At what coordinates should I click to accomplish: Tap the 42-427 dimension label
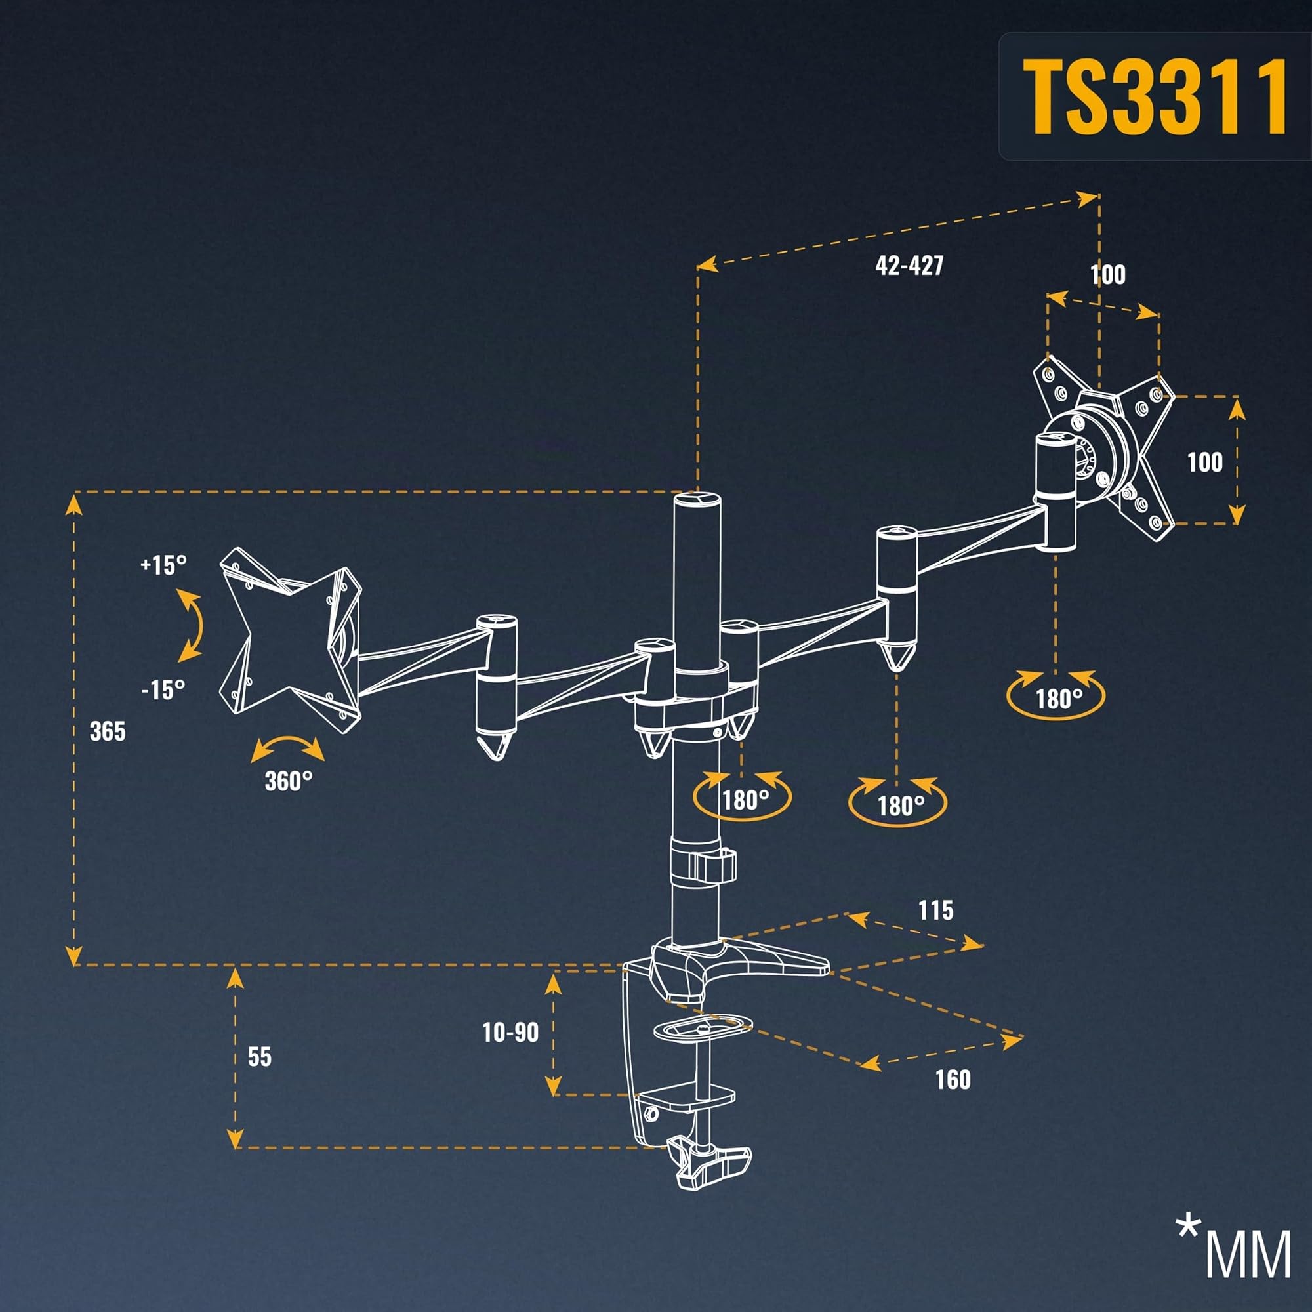pyautogui.click(x=909, y=265)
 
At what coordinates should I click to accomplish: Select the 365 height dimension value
pyautogui.click(x=108, y=731)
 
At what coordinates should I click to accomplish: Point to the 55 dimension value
pyautogui.click(x=259, y=1057)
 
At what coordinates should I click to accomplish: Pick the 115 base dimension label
pyautogui.click(x=936, y=911)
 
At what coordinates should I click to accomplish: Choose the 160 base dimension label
pyautogui.click(x=953, y=1080)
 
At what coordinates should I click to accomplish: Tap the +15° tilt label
pyautogui.click(x=163, y=565)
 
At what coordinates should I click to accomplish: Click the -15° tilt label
pyautogui.click(x=163, y=690)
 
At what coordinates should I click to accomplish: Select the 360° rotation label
pyautogui.click(x=289, y=781)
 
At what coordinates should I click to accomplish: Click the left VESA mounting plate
pyautogui.click(x=291, y=640)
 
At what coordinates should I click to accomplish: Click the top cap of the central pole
pyautogui.click(x=696, y=500)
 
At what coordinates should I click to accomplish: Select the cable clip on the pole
pyautogui.click(x=707, y=864)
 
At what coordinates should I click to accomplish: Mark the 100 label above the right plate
pyautogui.click(x=1107, y=274)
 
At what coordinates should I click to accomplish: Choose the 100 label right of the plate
pyautogui.click(x=1204, y=462)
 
